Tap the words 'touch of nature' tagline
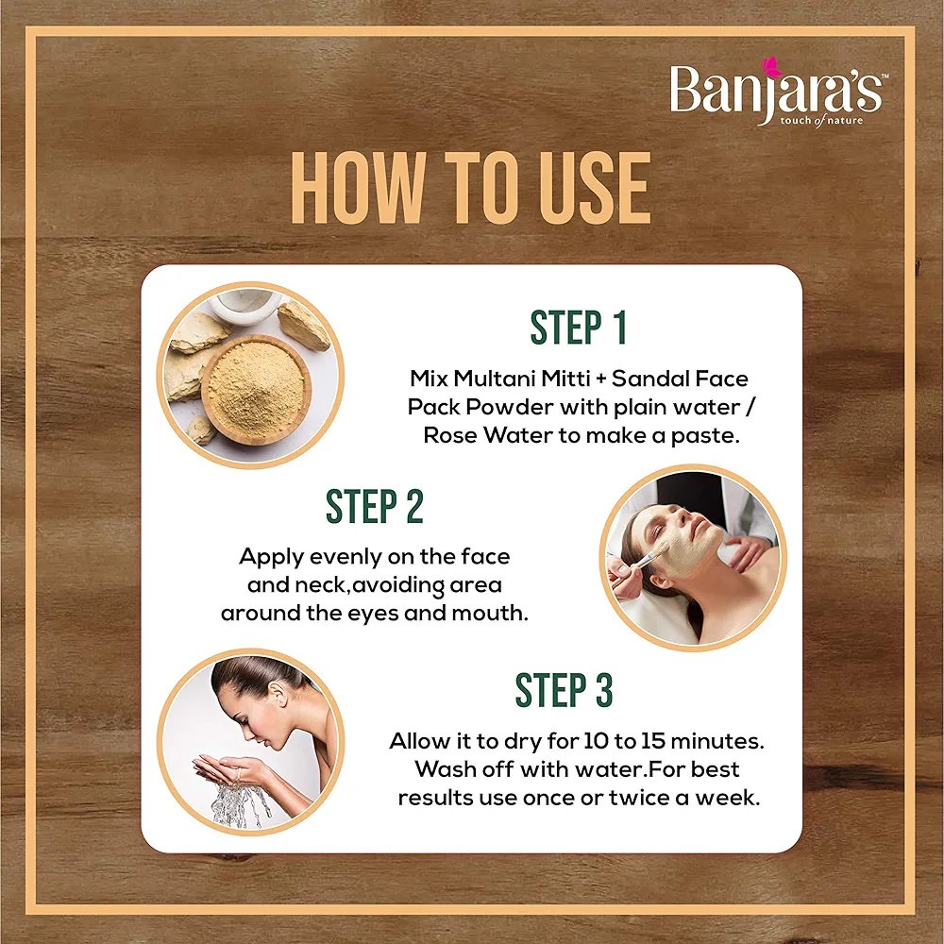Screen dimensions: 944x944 tap(821, 121)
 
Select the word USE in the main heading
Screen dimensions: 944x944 tap(596, 187)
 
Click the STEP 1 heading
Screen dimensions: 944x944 tap(579, 328)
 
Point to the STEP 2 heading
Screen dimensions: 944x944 tap(375, 506)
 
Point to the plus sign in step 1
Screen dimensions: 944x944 tap(599, 379)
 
